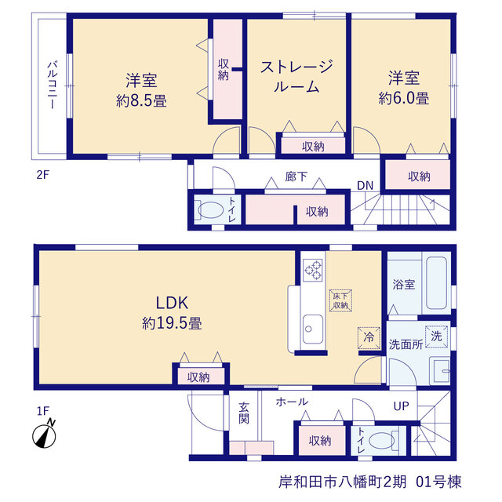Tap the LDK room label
tap(172, 303)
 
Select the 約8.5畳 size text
tap(141, 101)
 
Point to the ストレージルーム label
tap(296, 77)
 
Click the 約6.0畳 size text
tap(404, 98)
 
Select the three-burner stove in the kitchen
tap(313, 271)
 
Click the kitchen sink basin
tap(313, 329)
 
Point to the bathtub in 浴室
tap(436, 282)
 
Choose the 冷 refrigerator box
tap(369, 337)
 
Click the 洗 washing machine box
tap(436, 336)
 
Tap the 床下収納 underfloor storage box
tap(340, 300)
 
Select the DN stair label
tap(365, 185)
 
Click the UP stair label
tap(401, 406)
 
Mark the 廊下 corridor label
tap(296, 176)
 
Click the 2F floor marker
tap(43, 175)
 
